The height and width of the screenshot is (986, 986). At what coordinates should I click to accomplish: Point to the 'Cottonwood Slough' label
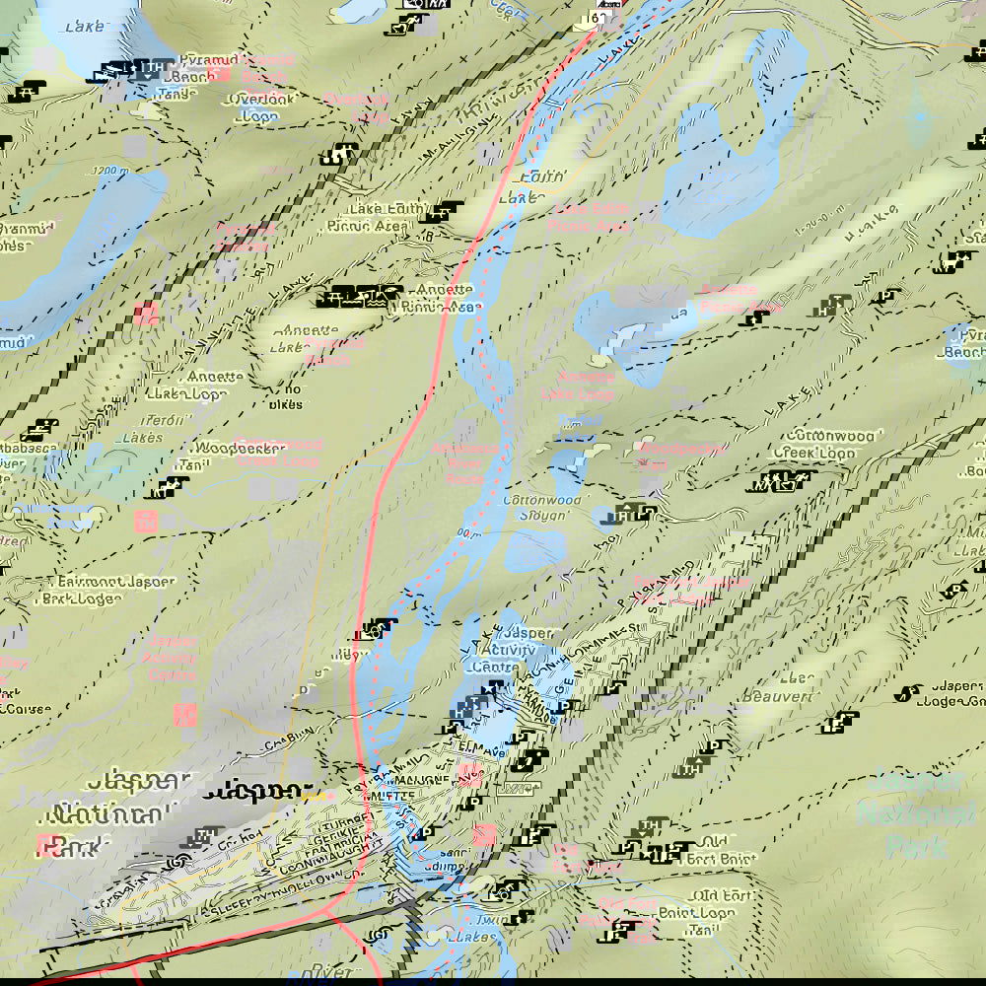pos(535,508)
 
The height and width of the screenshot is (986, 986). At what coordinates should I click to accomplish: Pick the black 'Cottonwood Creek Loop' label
pos(830,444)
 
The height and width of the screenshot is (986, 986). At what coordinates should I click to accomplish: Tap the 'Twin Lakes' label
pos(483,928)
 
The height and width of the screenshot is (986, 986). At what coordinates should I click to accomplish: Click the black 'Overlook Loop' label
pos(256,107)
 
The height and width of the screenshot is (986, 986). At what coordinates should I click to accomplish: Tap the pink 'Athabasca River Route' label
pos(464,462)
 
